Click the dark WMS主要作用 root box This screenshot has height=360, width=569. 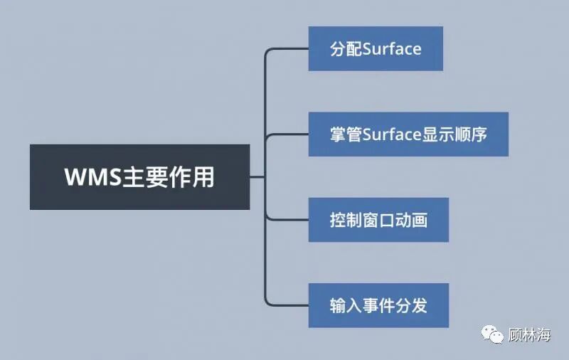139,176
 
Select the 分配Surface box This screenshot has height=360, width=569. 376,48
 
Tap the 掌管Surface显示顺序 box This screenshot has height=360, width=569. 408,134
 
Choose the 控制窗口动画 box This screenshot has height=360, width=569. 378,219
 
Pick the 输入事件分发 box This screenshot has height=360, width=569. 378,305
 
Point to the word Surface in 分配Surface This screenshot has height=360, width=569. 392,48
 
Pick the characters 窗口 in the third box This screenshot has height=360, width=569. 378,220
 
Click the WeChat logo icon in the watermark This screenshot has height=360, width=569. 491,333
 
